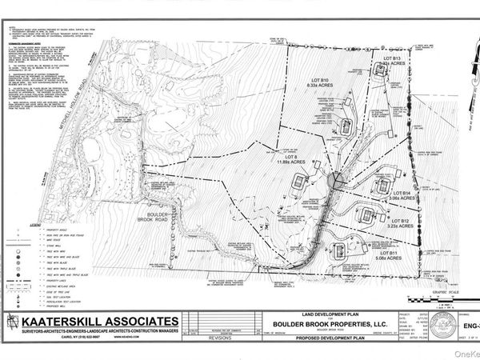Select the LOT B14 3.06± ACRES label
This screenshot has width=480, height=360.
click(401, 196)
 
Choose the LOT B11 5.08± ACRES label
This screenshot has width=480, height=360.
click(397, 255)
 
